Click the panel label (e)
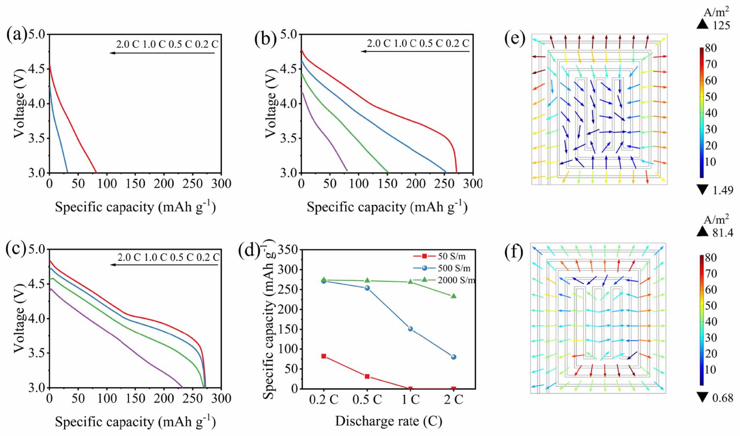[x=515, y=38]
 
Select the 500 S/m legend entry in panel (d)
[x=454, y=268]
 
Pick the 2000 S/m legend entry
[x=456, y=280]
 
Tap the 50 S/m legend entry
[x=452, y=256]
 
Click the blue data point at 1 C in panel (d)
[x=410, y=329]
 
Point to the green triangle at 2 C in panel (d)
[x=454, y=296]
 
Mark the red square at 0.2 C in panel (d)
[x=324, y=356]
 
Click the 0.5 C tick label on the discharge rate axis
[x=367, y=400]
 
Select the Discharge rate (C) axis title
[x=388, y=421]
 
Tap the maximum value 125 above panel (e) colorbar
[x=721, y=25]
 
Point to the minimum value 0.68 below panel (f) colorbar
[x=722, y=398]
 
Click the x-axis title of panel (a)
[x=135, y=207]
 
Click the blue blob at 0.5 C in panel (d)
[x=367, y=288]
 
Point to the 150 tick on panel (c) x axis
[x=135, y=399]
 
